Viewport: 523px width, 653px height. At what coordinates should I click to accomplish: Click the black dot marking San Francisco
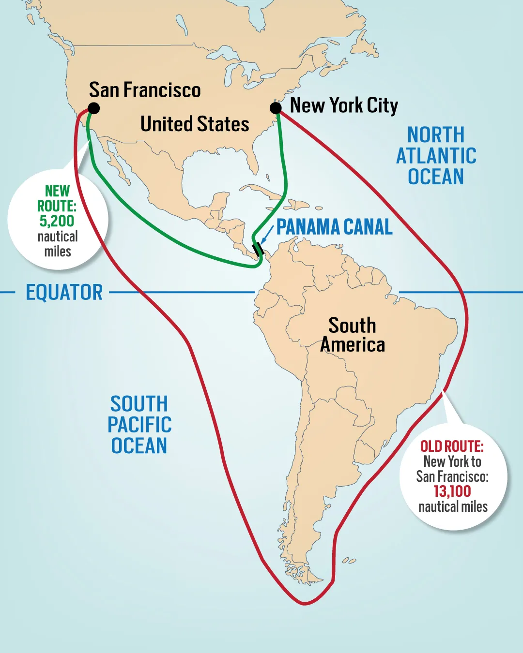(94, 108)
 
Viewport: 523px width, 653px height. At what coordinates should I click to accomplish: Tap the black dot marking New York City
(276, 107)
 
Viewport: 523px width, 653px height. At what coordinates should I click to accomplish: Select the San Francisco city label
(145, 90)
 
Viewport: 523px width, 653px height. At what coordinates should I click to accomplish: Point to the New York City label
(344, 105)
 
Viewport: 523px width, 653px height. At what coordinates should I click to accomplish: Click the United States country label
(195, 124)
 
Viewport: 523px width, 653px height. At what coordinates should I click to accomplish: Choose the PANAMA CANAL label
(334, 227)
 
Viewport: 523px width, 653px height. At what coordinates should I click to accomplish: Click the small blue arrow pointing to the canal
(266, 235)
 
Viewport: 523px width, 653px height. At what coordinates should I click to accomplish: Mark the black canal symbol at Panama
(258, 250)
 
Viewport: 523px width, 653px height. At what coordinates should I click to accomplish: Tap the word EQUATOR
(64, 293)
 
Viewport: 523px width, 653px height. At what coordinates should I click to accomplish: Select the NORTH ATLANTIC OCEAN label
(436, 156)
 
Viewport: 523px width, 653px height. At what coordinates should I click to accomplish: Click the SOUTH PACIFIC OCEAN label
(139, 425)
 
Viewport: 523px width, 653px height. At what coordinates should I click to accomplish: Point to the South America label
(353, 335)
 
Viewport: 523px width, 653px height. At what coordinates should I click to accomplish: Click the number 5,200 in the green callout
(57, 221)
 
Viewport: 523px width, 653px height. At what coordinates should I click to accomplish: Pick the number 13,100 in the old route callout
(452, 491)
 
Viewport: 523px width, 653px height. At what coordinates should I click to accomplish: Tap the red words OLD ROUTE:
(452, 446)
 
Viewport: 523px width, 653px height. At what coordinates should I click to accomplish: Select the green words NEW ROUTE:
(57, 198)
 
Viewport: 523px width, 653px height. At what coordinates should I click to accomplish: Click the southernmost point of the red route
(304, 604)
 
